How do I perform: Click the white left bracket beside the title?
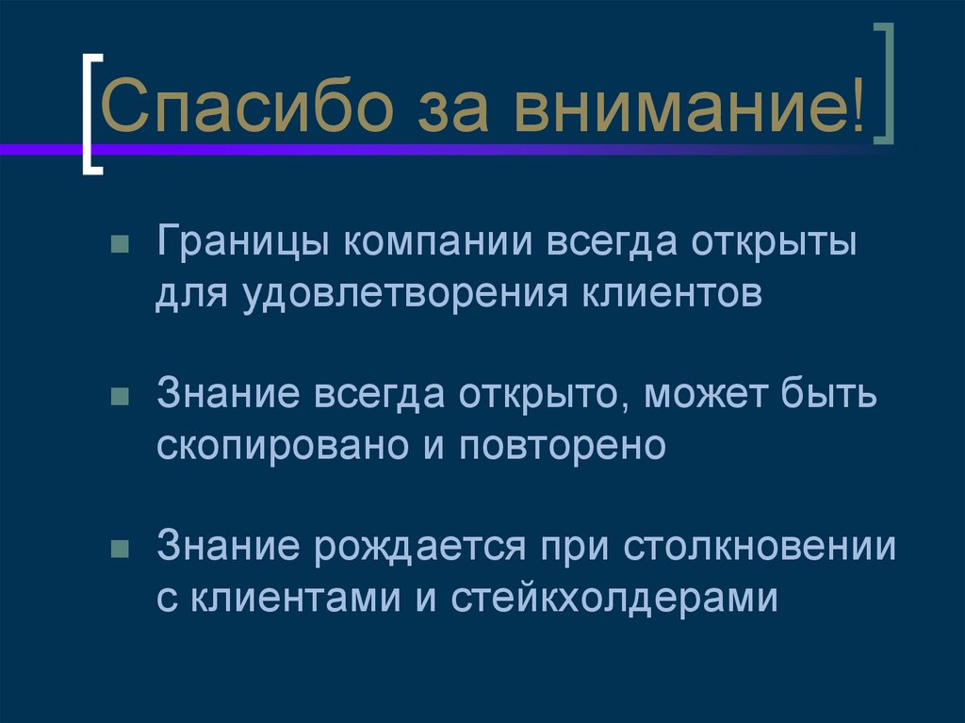click(90, 113)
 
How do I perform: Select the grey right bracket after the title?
click(883, 86)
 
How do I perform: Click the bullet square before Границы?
click(119, 247)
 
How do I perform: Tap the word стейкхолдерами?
click(617, 597)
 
